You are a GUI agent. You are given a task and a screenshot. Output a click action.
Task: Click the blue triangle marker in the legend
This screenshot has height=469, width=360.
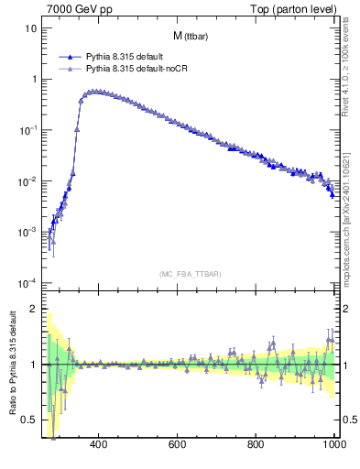(x=70, y=57)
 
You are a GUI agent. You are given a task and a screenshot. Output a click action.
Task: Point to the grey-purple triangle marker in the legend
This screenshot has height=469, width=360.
(x=70, y=69)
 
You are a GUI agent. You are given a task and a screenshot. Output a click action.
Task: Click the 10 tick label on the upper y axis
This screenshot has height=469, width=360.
(x=31, y=28)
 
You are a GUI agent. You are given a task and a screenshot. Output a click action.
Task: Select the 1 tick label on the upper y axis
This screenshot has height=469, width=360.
(x=34, y=80)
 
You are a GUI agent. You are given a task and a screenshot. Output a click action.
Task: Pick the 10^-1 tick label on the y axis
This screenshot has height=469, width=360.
(x=29, y=130)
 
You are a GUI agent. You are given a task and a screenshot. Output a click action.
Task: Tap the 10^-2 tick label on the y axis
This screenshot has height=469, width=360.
(x=29, y=181)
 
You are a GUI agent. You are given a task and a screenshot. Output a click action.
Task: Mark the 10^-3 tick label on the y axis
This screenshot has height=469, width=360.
(x=29, y=232)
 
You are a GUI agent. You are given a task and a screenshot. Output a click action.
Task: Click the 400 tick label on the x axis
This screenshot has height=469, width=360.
(x=100, y=446)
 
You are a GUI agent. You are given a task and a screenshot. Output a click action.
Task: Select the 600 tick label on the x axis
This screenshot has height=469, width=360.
(x=178, y=446)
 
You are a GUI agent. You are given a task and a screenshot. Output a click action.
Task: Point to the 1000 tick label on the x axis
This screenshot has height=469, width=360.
(x=333, y=446)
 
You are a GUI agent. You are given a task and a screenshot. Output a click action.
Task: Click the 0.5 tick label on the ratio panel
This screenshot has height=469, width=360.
(x=30, y=420)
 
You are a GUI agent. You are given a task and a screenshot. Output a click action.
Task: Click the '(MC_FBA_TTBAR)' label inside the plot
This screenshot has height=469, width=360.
(x=190, y=274)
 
